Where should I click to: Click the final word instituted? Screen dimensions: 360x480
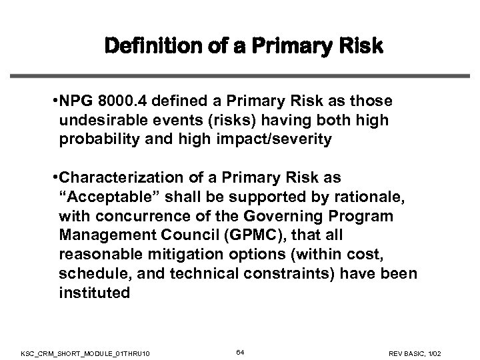[94, 292]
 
